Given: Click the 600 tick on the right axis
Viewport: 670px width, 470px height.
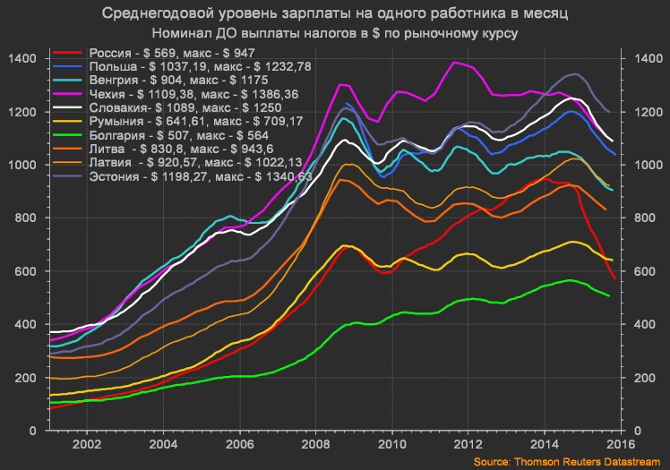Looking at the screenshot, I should click(x=642, y=271).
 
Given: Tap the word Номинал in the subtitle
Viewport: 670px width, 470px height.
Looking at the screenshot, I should click(x=194, y=32).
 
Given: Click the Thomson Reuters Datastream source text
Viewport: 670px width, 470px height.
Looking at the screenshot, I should click(x=567, y=460).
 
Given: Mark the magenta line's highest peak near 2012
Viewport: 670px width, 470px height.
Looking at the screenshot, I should click(x=457, y=62).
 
